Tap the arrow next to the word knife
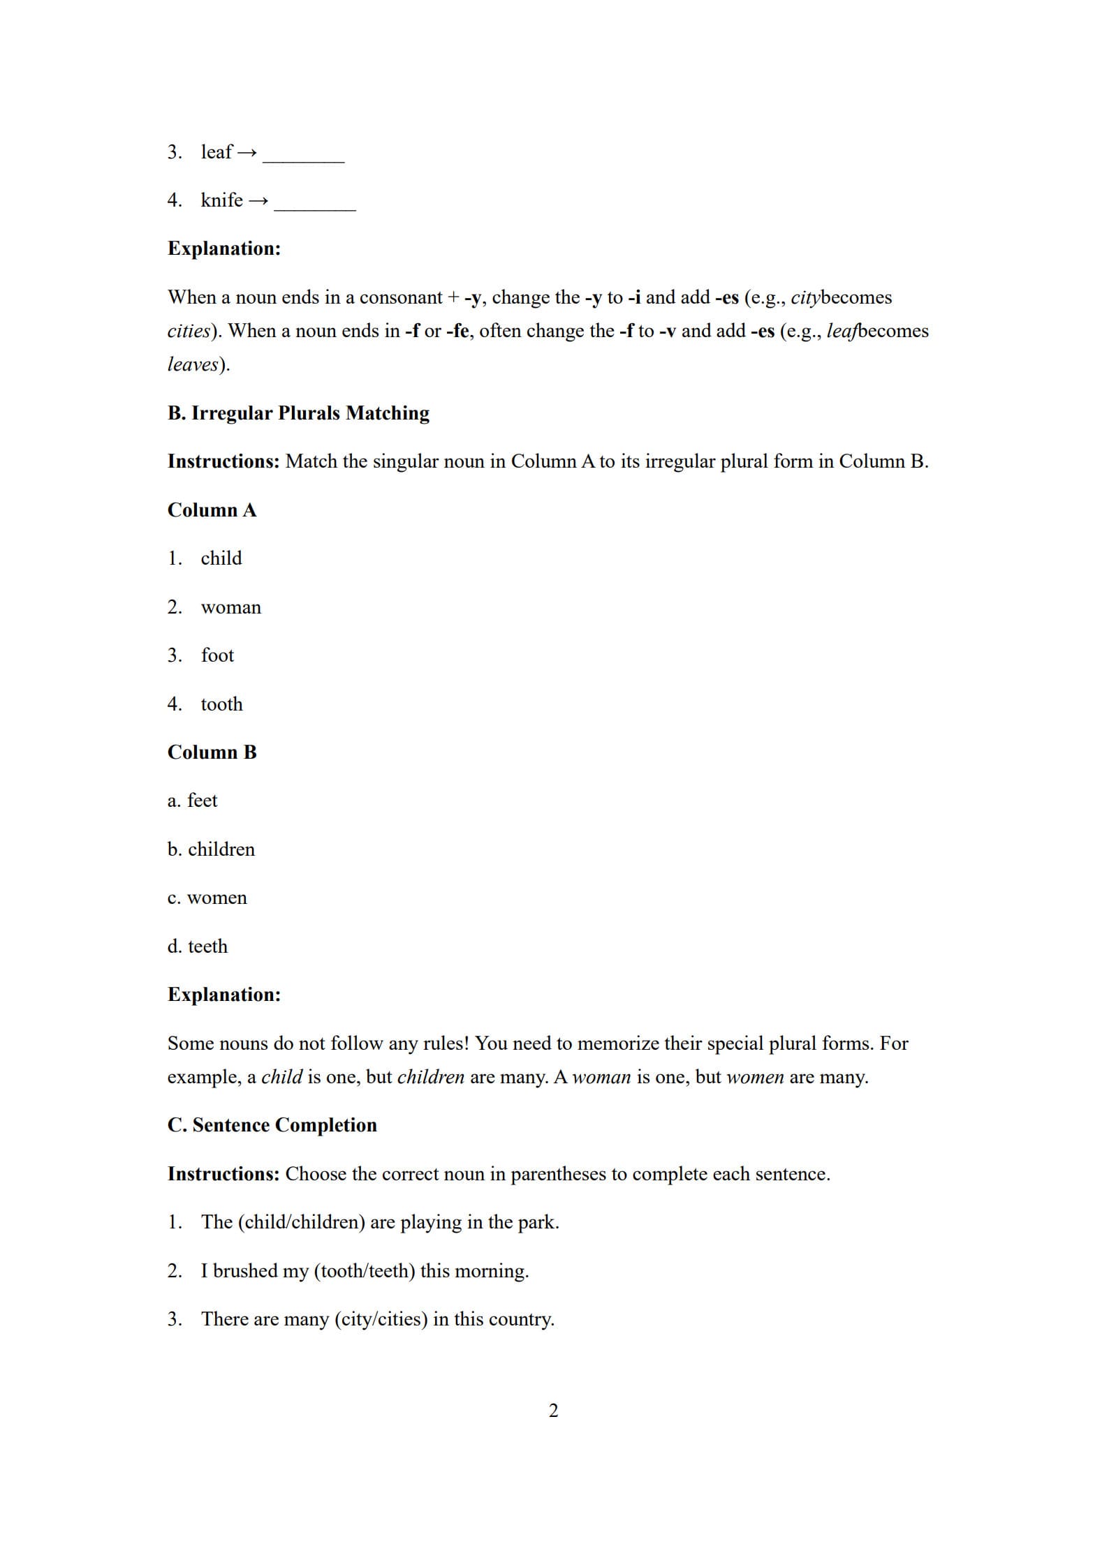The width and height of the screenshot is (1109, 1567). tap(258, 201)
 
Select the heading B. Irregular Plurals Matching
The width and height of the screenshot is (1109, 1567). tap(298, 413)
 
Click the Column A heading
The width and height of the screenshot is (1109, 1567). tap(212, 510)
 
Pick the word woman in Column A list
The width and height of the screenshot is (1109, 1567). tap(230, 607)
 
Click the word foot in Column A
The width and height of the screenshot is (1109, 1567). tap(217, 655)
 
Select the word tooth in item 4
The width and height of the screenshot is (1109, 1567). tap(221, 704)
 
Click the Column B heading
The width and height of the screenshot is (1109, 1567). tap(212, 752)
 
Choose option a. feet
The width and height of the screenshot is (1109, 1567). tap(192, 801)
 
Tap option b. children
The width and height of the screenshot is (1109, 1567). tap(211, 849)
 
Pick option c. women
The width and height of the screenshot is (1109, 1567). tap(207, 898)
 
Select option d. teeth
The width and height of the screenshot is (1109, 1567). tap(197, 946)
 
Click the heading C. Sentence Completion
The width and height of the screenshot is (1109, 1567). tap(272, 1125)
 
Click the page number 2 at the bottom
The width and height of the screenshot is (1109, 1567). tap(554, 1411)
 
